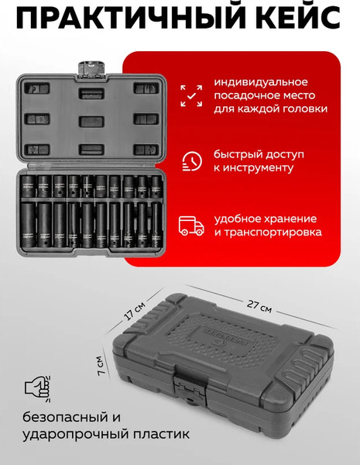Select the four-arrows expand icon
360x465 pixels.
[x=190, y=95]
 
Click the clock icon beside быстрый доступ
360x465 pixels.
[x=190, y=160]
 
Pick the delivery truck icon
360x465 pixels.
[x=190, y=225]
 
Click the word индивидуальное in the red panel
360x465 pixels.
[x=261, y=82]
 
